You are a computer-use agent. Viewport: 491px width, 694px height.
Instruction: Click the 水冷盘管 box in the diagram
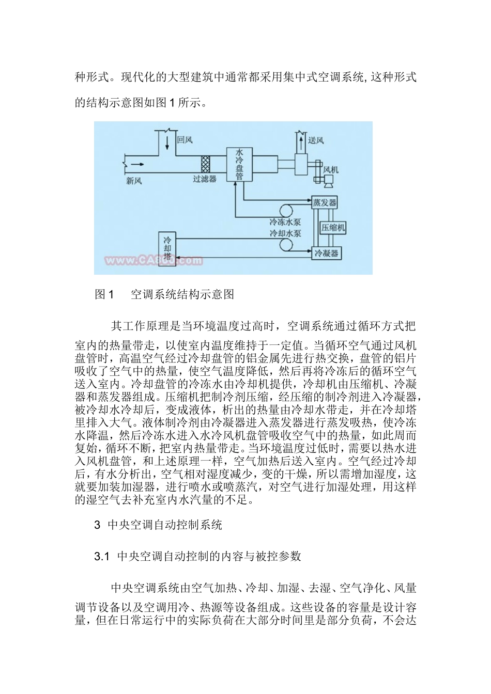tap(239, 165)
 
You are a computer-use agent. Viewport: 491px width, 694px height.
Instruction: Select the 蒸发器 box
tap(325, 202)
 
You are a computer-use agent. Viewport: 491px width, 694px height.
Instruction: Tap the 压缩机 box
tap(333, 227)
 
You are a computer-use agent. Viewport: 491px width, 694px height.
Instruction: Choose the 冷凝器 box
tap(327, 253)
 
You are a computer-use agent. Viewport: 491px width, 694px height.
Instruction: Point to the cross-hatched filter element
tap(206, 165)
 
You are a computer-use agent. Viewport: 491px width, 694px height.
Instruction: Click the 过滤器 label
tap(204, 179)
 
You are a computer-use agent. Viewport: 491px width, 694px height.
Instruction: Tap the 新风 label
tap(134, 181)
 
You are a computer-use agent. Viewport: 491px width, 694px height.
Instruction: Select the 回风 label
tap(185, 139)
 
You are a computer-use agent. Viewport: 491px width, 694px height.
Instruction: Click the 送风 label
tap(315, 140)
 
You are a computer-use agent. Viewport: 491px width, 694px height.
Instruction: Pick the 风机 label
tap(330, 169)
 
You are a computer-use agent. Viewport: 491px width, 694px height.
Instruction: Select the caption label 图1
tap(104, 295)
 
